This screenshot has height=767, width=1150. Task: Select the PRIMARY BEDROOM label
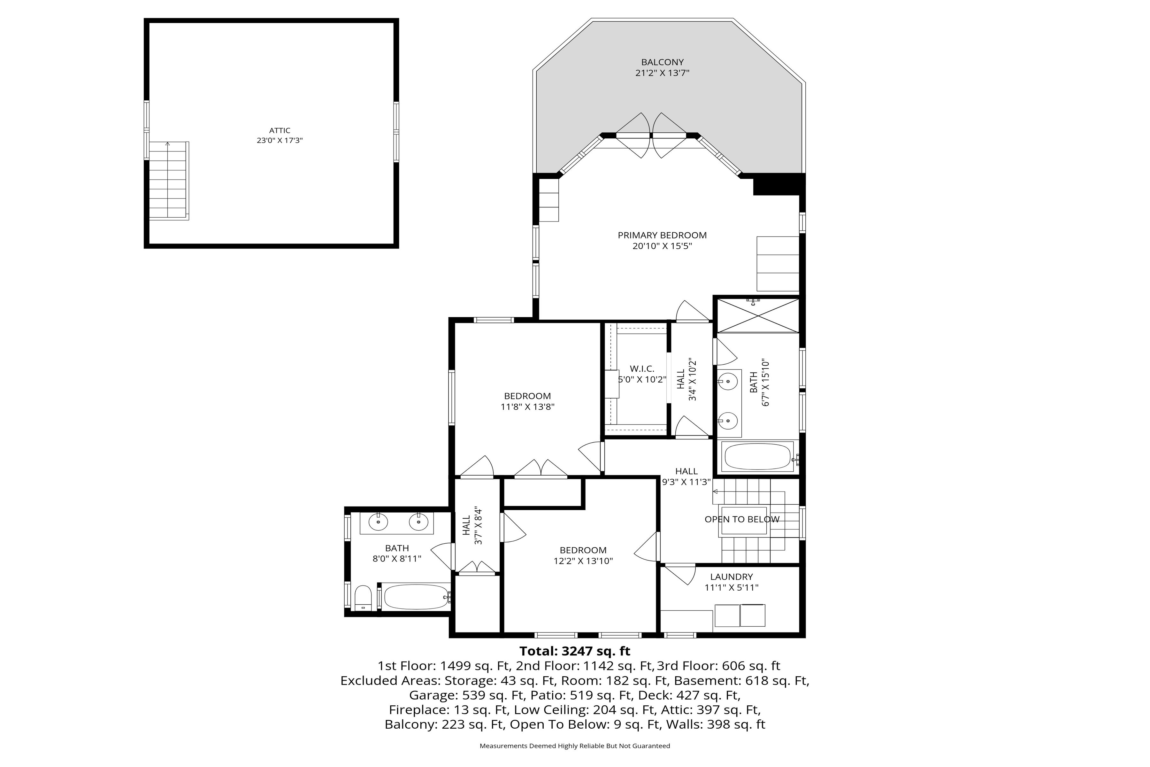pyautogui.click(x=662, y=235)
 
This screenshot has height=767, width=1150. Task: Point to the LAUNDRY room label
pyautogui.click(x=732, y=577)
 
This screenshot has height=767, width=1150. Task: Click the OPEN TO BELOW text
pyautogui.click(x=742, y=520)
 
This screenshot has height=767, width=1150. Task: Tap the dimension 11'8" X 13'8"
pyautogui.click(x=528, y=407)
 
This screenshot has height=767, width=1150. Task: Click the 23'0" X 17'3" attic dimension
pyautogui.click(x=280, y=140)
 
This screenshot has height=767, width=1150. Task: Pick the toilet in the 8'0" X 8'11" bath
pyautogui.click(x=363, y=598)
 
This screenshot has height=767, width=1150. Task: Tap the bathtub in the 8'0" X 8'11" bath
pyautogui.click(x=416, y=597)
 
